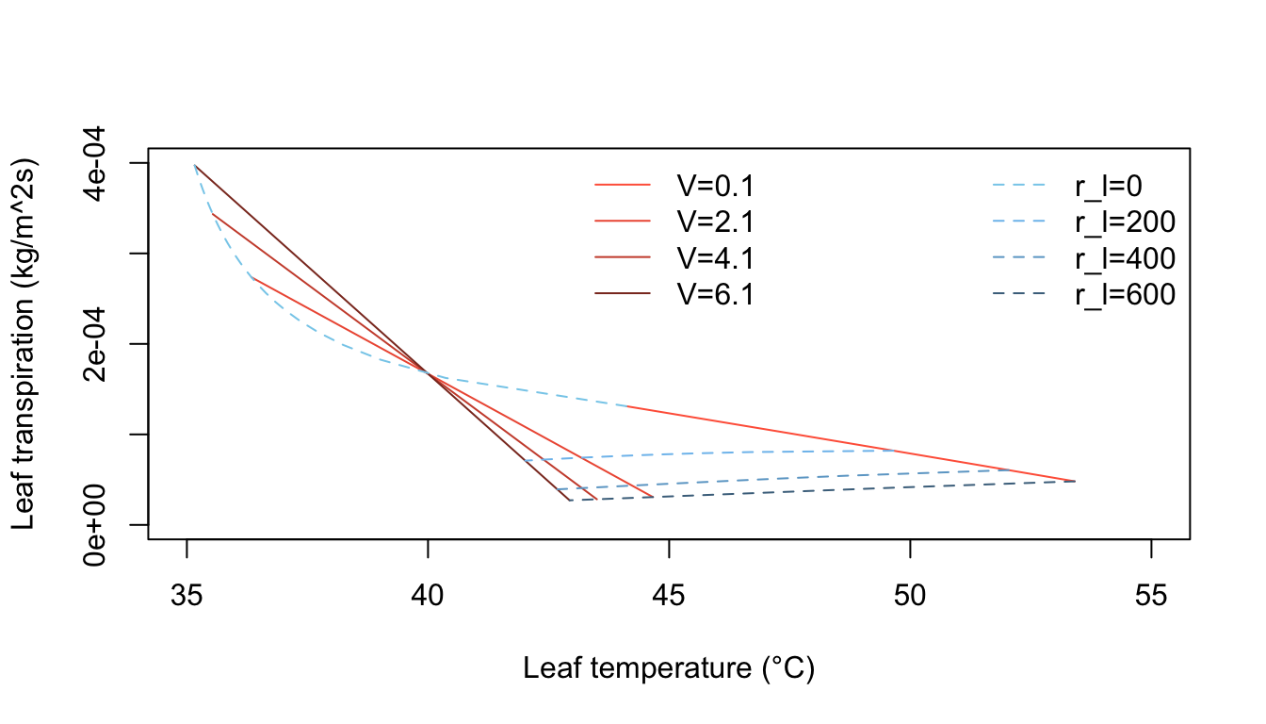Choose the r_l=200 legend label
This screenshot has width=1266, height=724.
click(1125, 222)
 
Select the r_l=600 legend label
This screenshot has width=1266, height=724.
click(1125, 294)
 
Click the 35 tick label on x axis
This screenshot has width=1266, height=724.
click(187, 597)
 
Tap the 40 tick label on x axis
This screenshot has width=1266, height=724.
click(428, 597)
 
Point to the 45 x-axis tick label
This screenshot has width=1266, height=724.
click(669, 597)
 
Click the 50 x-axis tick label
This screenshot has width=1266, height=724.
click(910, 597)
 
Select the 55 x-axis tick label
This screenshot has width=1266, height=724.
click(1151, 597)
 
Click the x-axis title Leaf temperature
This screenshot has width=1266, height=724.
click(669, 669)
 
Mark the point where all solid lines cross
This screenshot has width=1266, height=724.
click(429, 373)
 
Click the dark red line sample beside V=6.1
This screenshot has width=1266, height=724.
click(623, 294)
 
